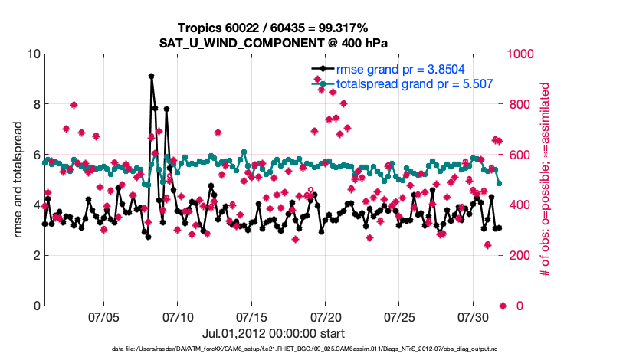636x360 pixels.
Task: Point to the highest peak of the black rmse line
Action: (x=151, y=76)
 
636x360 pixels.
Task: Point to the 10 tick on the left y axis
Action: (x=33, y=54)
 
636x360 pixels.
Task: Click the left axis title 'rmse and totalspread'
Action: (x=17, y=180)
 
